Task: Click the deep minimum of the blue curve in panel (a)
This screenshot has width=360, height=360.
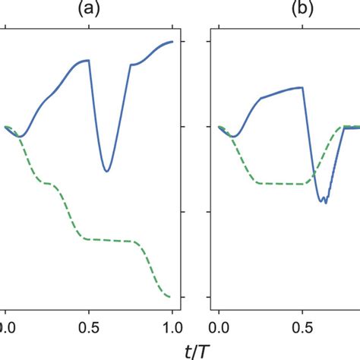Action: click(x=106, y=171)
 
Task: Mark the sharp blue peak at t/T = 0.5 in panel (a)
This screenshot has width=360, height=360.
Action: click(x=89, y=60)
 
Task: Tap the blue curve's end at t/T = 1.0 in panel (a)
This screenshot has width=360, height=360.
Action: click(x=172, y=42)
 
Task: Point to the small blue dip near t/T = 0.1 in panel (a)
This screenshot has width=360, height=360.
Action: click(x=21, y=137)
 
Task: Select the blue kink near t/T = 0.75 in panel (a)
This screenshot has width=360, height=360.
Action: click(x=131, y=65)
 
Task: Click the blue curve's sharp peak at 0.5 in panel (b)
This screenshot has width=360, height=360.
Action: click(x=303, y=87)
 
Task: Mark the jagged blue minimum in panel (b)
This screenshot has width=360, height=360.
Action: click(x=324, y=201)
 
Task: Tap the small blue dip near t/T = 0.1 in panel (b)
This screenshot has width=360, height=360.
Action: click(x=235, y=137)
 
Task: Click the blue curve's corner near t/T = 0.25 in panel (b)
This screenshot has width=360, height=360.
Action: click(x=261, y=99)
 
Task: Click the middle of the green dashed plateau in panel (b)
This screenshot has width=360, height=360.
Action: click(x=281, y=183)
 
